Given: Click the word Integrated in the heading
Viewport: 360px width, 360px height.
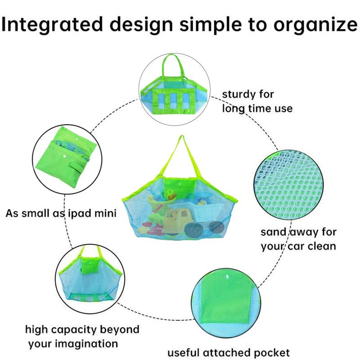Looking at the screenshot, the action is click(x=52, y=25).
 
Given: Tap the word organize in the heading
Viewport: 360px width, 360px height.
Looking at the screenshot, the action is click(x=315, y=25).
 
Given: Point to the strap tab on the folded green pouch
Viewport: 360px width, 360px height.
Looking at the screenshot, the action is click(x=77, y=168).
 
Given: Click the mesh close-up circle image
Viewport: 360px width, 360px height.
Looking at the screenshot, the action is click(x=289, y=185).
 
